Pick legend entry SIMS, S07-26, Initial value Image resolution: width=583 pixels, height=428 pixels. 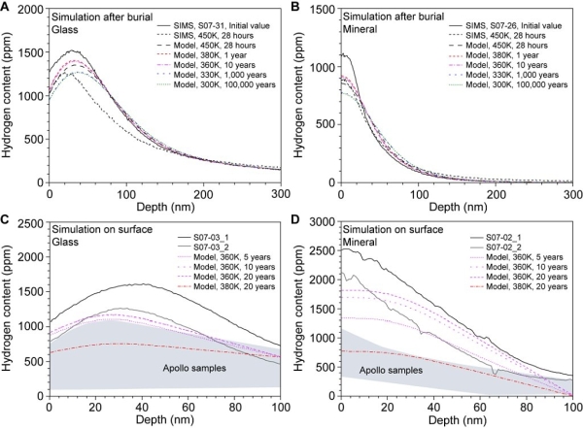pyautogui.click(x=515, y=22)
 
